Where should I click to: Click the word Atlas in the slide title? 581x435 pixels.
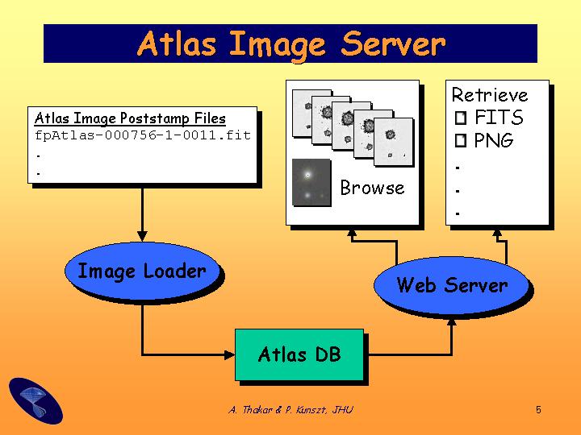177,43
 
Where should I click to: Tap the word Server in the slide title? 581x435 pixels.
393,43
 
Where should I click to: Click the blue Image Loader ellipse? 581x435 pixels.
142,271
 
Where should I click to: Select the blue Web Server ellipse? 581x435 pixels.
452,285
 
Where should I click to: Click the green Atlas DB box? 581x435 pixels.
299,354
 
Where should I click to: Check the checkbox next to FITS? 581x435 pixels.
461,118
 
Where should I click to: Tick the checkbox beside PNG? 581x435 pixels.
461,140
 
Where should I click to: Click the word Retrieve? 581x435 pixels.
490,95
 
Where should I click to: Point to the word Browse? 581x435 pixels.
372,188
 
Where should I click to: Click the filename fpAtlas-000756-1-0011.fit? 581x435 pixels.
143,135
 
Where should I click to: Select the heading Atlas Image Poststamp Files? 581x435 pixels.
130,118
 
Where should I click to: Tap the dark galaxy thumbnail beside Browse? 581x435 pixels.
311,182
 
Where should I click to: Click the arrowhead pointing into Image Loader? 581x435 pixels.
142,237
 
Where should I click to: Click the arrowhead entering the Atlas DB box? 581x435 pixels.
230,354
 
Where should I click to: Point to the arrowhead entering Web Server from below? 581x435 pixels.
452,321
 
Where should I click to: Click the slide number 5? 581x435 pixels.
538,409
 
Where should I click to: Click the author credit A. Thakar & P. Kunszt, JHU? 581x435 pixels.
290,409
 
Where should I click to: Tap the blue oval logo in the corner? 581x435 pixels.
36,401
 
